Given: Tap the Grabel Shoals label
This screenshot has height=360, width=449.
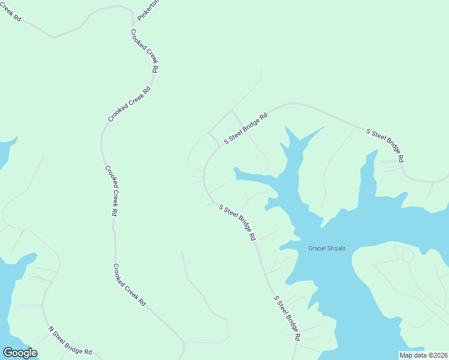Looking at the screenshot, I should tap(327, 248).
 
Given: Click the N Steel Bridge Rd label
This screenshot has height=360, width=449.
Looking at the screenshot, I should tap(70, 341).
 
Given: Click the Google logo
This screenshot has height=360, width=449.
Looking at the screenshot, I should tap(20, 353).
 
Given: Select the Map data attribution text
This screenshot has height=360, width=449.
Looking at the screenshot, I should tap(423, 355).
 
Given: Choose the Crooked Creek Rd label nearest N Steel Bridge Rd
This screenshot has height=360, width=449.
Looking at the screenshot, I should tap(130, 286).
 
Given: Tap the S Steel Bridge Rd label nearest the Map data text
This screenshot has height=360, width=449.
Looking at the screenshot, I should tap(287, 318).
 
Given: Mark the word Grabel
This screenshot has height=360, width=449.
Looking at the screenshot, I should tap(317, 248).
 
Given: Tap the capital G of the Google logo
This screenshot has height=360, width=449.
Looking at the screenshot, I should tap(8, 352).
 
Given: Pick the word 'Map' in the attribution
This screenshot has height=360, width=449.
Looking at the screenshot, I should tap(406, 355).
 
